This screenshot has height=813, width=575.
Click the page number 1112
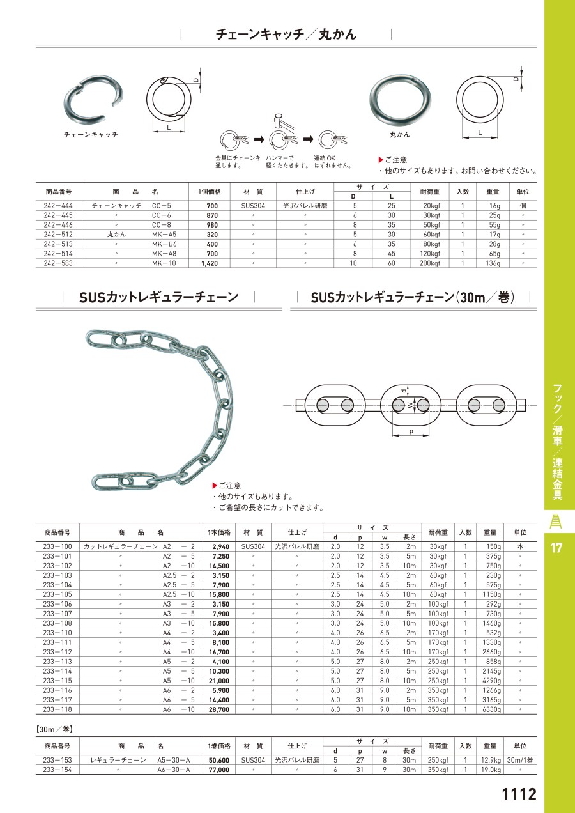pos(519,794)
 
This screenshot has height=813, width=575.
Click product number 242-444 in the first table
pos(58,206)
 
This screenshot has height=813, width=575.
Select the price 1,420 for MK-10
pos(210,263)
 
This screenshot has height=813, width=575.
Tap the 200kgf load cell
pos(430,263)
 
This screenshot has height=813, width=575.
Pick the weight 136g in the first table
pos(493,263)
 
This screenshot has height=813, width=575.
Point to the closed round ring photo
pos(400,100)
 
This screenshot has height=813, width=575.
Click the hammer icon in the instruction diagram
pos(283,121)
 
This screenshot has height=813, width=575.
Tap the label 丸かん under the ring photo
pos(400,135)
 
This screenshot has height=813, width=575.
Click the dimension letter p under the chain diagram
pos(411,431)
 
